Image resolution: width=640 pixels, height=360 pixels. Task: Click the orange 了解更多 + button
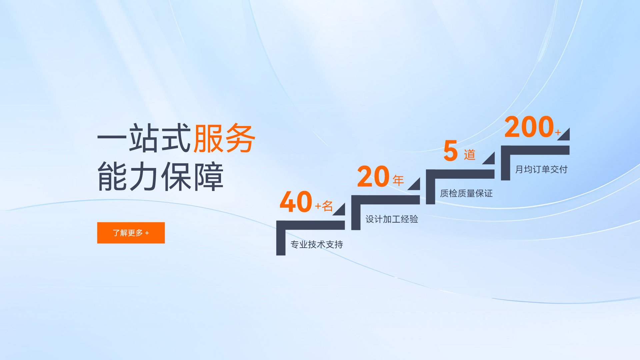coord(131,233)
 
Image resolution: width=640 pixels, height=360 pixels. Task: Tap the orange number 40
coord(296,202)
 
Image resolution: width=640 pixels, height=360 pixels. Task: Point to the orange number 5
coord(451,151)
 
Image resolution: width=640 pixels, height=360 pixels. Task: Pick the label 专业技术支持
coord(317,244)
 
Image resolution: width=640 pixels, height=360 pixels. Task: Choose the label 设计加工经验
coord(392,219)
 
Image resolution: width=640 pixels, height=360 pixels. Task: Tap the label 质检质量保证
coord(466,193)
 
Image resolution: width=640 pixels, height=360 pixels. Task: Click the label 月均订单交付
coord(541,169)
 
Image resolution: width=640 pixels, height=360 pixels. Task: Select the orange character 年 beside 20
coord(398,180)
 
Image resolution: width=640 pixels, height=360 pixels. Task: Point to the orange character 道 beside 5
coord(470,155)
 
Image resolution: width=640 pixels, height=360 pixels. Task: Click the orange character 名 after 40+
coord(327,206)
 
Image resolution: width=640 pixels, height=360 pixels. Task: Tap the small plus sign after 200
coord(558,132)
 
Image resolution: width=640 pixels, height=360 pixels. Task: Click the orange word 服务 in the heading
coord(225,138)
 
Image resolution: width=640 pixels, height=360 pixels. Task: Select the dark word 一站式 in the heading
coord(144,138)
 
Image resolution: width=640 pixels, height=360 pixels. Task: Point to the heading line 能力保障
coord(160,176)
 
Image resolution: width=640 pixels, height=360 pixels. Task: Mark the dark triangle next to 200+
coord(565,136)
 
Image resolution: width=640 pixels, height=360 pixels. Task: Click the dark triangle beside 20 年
coord(416,186)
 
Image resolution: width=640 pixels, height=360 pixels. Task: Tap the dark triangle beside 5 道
coord(490,160)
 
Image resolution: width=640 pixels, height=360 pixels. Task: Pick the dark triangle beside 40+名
coord(341,211)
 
